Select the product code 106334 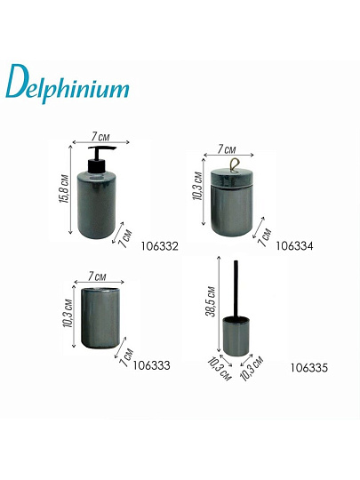296,243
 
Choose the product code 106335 309,366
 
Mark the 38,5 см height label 211,302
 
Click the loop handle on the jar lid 236,164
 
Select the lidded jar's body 235,209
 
